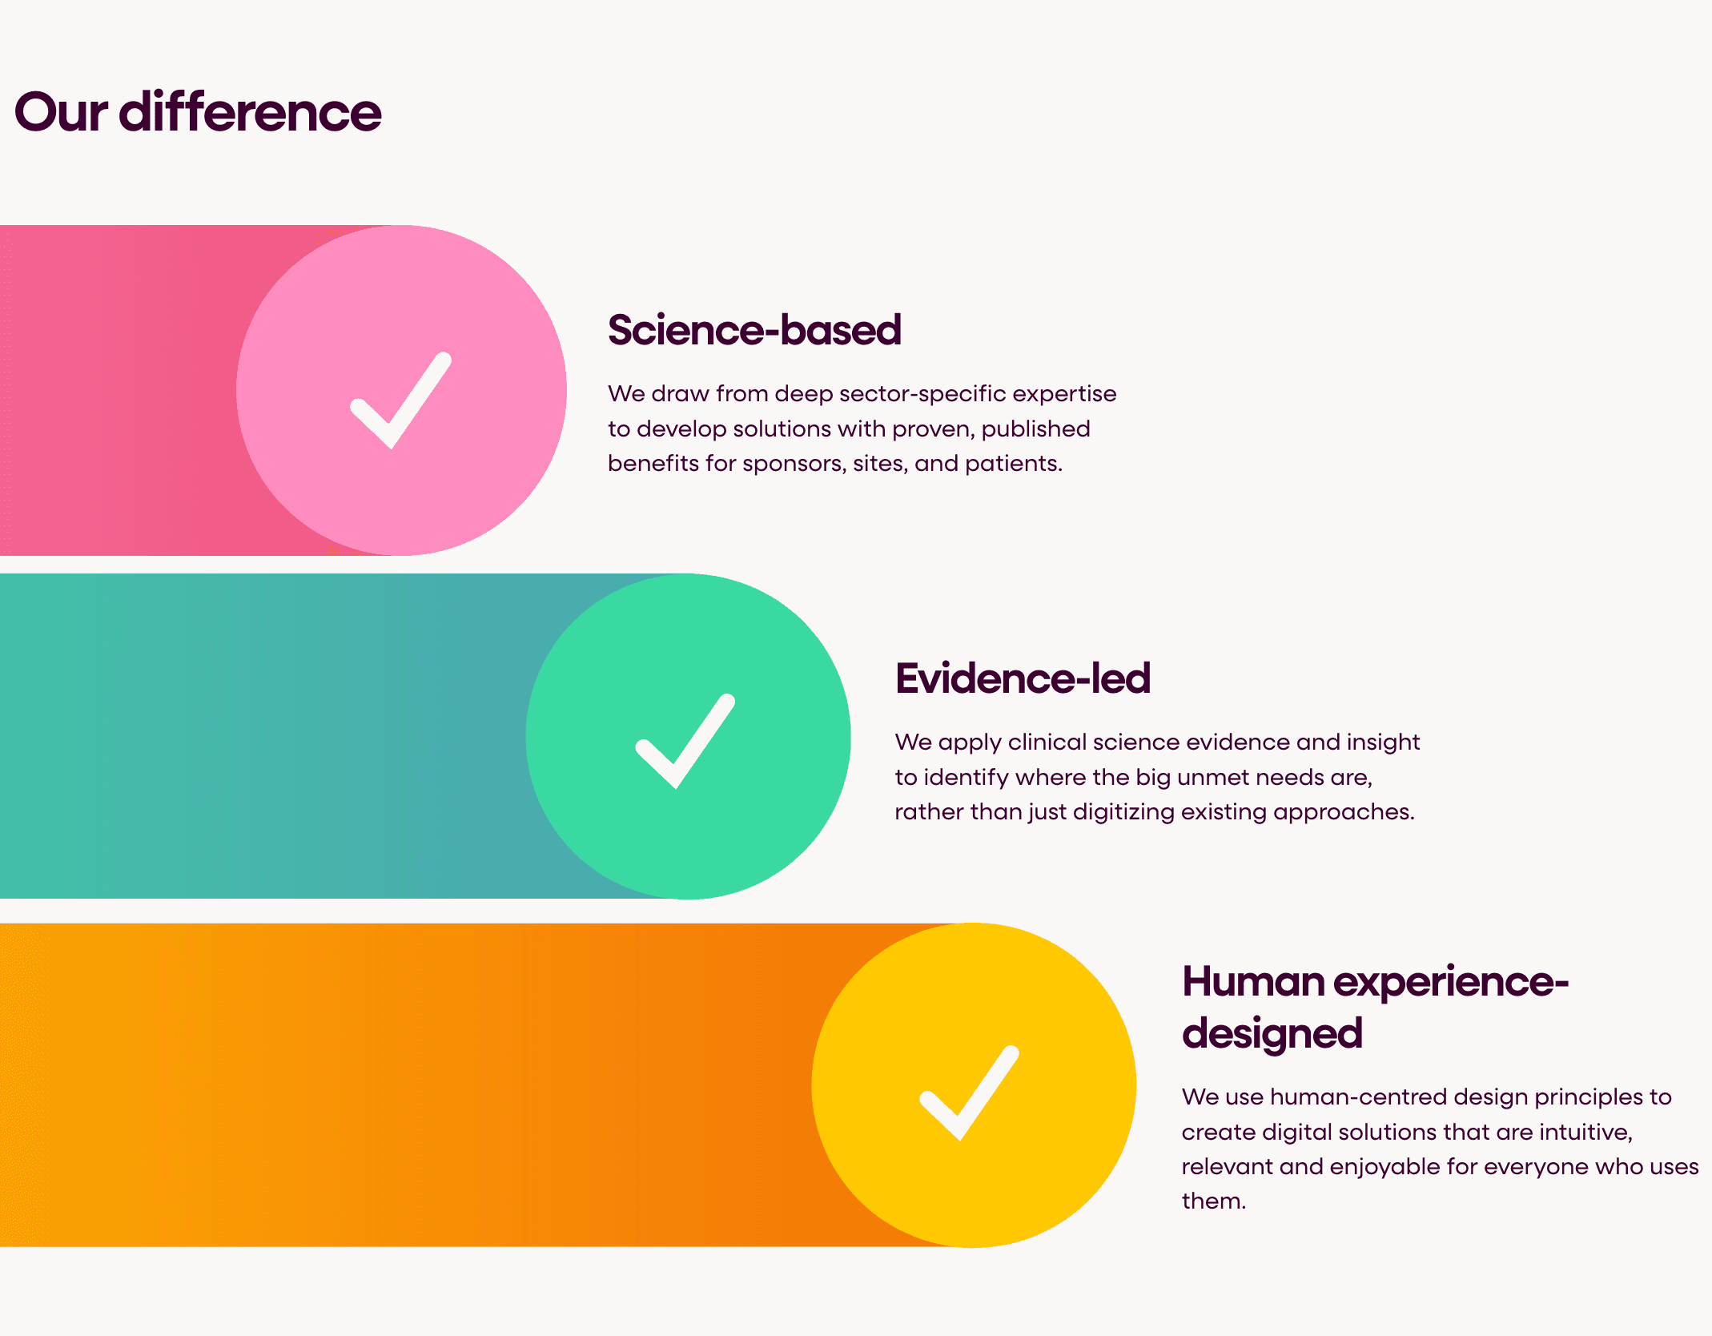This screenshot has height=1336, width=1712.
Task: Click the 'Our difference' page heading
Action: tap(198, 112)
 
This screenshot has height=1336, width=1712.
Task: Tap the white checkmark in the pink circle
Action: tap(400, 400)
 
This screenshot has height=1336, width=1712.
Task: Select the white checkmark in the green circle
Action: tap(685, 741)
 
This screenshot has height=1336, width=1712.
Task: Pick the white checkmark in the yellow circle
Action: tap(969, 1093)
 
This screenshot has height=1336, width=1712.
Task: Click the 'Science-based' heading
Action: tap(754, 330)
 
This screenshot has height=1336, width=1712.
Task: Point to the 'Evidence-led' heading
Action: tap(1023, 678)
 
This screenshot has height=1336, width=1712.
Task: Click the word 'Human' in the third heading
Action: tap(1253, 982)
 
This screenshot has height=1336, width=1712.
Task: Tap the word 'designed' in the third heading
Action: tap(1272, 1033)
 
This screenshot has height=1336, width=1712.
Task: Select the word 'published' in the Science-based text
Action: tap(1035, 429)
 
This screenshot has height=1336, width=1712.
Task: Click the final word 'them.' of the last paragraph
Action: tap(1214, 1201)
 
